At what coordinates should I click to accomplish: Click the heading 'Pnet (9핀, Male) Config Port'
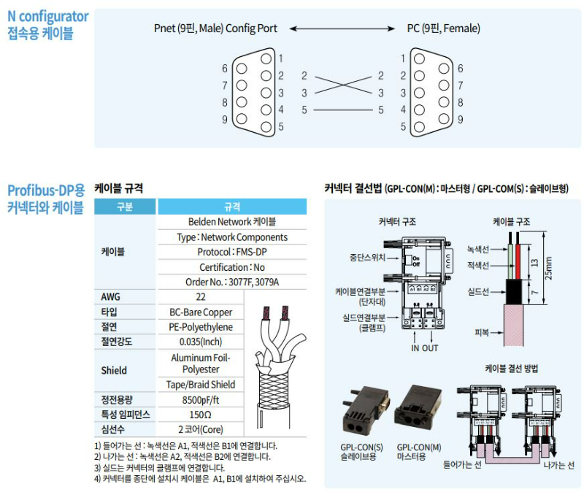click(x=215, y=28)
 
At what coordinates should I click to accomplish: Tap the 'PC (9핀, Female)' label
click(x=443, y=28)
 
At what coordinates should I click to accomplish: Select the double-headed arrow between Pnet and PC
click(x=342, y=28)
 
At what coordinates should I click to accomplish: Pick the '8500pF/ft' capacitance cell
click(x=201, y=399)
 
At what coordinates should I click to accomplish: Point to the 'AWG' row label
click(x=110, y=297)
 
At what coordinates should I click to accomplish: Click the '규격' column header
click(x=232, y=207)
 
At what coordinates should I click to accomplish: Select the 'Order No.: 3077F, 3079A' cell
click(x=232, y=282)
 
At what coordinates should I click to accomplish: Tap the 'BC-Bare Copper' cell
click(x=201, y=312)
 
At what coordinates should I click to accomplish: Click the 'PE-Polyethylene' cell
click(x=201, y=327)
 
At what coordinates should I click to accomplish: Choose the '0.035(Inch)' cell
click(x=201, y=342)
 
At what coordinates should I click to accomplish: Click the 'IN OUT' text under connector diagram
click(x=424, y=348)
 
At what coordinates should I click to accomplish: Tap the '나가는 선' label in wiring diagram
click(x=559, y=465)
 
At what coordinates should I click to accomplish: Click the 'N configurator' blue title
click(x=48, y=16)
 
